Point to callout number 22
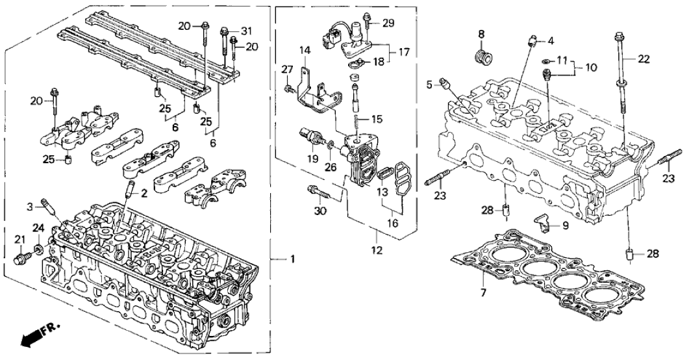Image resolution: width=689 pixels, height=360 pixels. pos(644,59)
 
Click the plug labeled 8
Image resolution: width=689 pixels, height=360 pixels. pos(482,56)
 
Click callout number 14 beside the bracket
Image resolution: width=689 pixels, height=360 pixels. pos(305,50)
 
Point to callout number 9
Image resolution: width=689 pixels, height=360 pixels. pos(564,225)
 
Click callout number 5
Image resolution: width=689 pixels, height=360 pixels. pos(429,84)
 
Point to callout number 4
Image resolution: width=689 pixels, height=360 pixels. pos(551,42)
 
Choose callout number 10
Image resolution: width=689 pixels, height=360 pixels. pos(592,67)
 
